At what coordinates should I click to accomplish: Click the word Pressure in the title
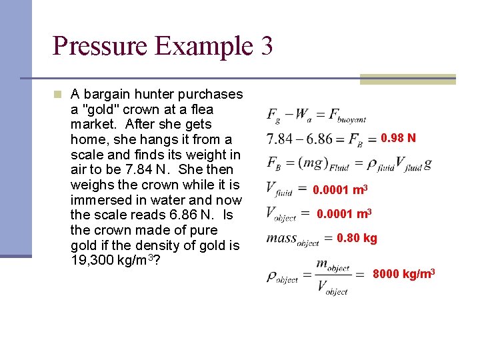101,46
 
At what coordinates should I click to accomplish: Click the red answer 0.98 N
399,138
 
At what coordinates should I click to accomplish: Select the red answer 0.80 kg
357,238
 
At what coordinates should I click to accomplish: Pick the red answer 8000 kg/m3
404,274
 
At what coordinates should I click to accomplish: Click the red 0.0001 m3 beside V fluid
341,190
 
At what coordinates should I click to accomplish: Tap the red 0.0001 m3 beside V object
344,214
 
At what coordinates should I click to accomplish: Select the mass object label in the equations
292,239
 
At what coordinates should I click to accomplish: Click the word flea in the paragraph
201,109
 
